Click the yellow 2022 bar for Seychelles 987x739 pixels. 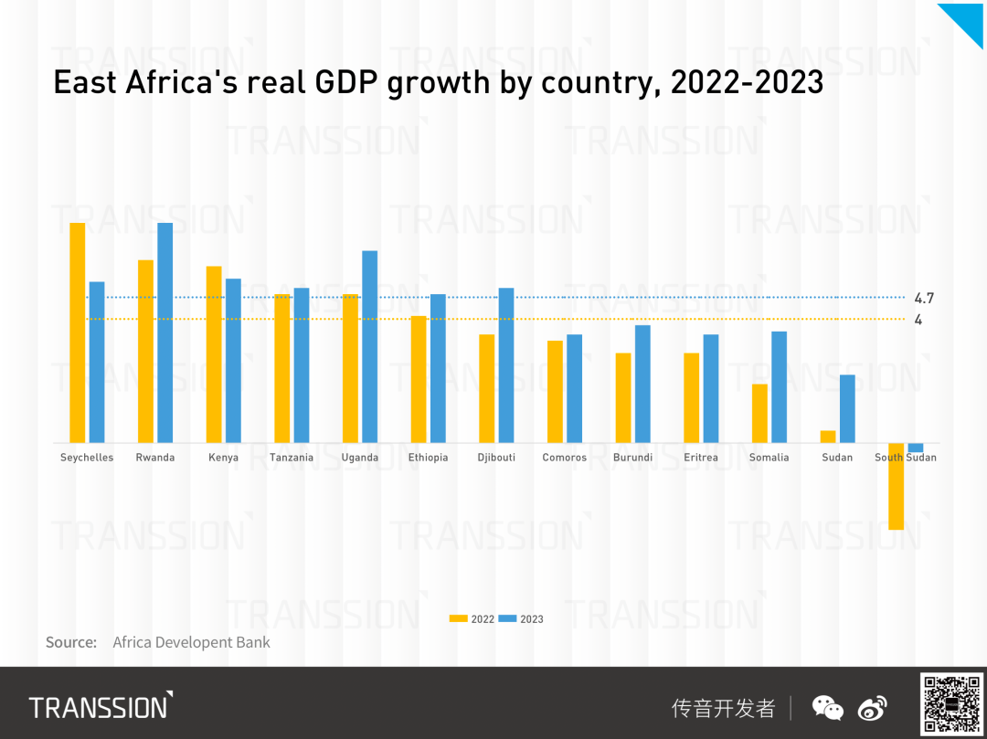click(78, 333)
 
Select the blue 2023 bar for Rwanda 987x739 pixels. click(165, 333)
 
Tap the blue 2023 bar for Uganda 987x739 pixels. click(370, 346)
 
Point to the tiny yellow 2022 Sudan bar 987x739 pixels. click(828, 437)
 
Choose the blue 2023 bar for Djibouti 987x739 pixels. click(506, 365)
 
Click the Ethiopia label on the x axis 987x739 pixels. click(429, 458)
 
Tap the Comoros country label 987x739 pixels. click(565, 458)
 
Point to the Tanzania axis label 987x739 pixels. click(292, 458)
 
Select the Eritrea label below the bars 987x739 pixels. click(701, 458)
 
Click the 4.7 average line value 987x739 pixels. click(924, 298)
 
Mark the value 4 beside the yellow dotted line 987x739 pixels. click(918, 320)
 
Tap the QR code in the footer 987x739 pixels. click(951, 703)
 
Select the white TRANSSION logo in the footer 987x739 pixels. click(101, 706)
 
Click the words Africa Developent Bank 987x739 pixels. click(191, 642)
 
